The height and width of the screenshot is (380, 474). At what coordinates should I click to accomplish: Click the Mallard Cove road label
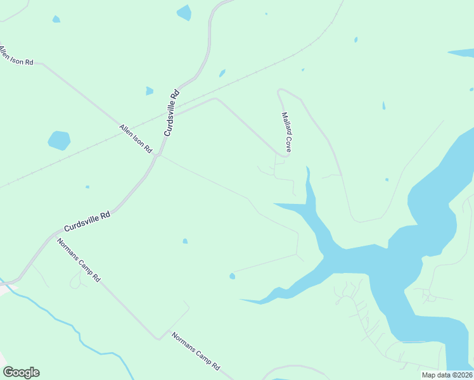point(286,132)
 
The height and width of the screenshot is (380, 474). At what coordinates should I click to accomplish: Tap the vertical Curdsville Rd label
point(172,113)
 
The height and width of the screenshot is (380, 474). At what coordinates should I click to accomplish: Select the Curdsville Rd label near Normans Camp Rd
point(87,222)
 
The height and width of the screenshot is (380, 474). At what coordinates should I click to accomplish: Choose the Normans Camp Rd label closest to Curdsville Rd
point(79,260)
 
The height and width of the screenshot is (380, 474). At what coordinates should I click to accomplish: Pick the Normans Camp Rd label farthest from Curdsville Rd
point(196,351)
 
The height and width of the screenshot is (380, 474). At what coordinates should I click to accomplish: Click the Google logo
point(21,372)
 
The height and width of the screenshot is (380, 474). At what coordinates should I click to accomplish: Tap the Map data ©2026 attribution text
point(447,375)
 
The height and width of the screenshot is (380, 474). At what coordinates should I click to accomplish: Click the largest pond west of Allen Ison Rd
point(59,140)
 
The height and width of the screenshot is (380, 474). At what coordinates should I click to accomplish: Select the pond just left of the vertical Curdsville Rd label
point(149,91)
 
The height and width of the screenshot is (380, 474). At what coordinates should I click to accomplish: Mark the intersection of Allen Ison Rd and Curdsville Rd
point(158,155)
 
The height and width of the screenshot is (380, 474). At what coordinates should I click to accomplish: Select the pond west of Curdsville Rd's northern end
point(184,12)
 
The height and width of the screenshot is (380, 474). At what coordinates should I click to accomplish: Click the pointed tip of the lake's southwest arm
point(240,300)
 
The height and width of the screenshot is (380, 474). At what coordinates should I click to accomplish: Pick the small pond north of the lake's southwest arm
point(232,275)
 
